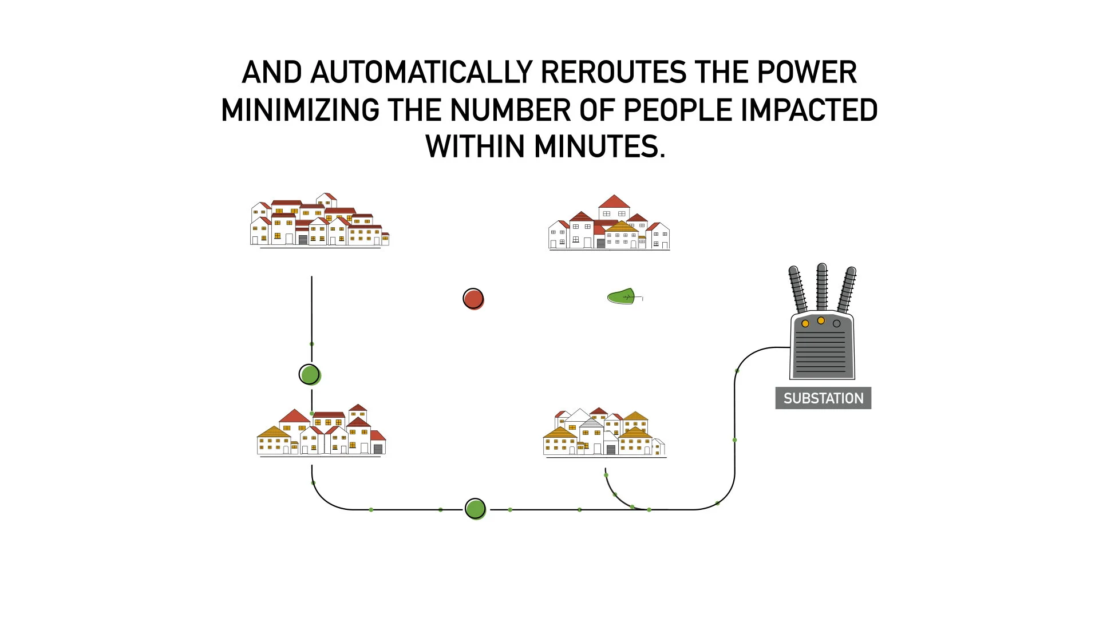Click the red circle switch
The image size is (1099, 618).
[x=473, y=298]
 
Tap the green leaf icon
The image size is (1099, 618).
[x=622, y=296]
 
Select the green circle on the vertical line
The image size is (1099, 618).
[x=309, y=375]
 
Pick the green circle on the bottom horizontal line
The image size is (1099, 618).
[x=475, y=508]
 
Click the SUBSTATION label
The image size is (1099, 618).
[x=823, y=398]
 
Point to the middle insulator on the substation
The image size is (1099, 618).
[x=822, y=286]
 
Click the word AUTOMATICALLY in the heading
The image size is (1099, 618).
[x=422, y=73]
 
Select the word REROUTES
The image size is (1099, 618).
[x=613, y=73]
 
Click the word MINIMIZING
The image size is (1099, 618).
[x=300, y=110]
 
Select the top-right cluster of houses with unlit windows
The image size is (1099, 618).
[x=609, y=224]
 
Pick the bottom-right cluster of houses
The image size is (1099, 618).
[x=604, y=433]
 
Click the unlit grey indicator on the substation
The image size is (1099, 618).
[x=836, y=324]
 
